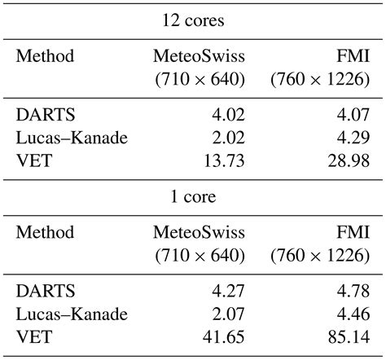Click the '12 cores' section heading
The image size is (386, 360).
pyautogui.click(x=192, y=19)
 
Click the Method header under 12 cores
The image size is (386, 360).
pyautogui.click(x=45, y=56)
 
